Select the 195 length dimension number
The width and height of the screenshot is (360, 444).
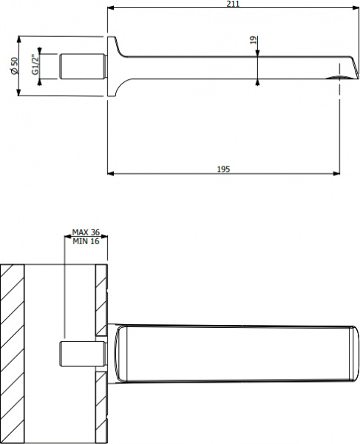(x=224, y=169)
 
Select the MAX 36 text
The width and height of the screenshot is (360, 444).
(x=86, y=232)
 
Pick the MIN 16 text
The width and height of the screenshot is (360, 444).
(x=86, y=241)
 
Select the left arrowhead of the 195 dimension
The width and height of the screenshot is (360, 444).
(x=111, y=175)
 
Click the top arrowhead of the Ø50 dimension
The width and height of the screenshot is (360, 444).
(x=19, y=38)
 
